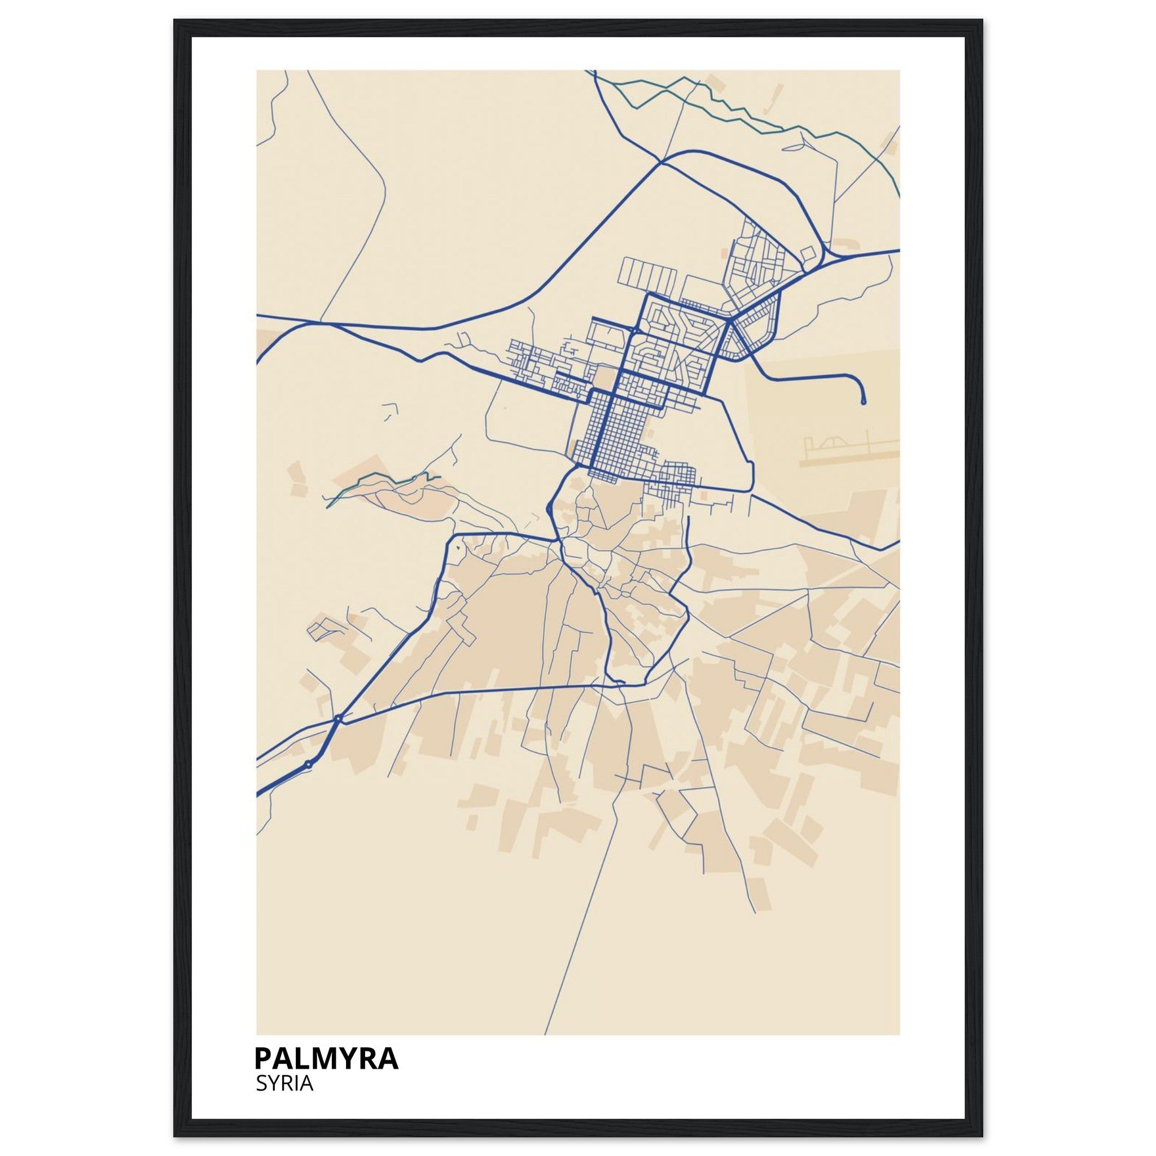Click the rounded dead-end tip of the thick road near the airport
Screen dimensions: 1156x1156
click(x=863, y=402)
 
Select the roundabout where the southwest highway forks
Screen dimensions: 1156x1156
click(x=338, y=717)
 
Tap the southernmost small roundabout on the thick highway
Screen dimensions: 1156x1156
click(x=308, y=764)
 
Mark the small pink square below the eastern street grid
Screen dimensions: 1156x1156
click(x=704, y=496)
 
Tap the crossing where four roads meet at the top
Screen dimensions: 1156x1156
click(x=660, y=161)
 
